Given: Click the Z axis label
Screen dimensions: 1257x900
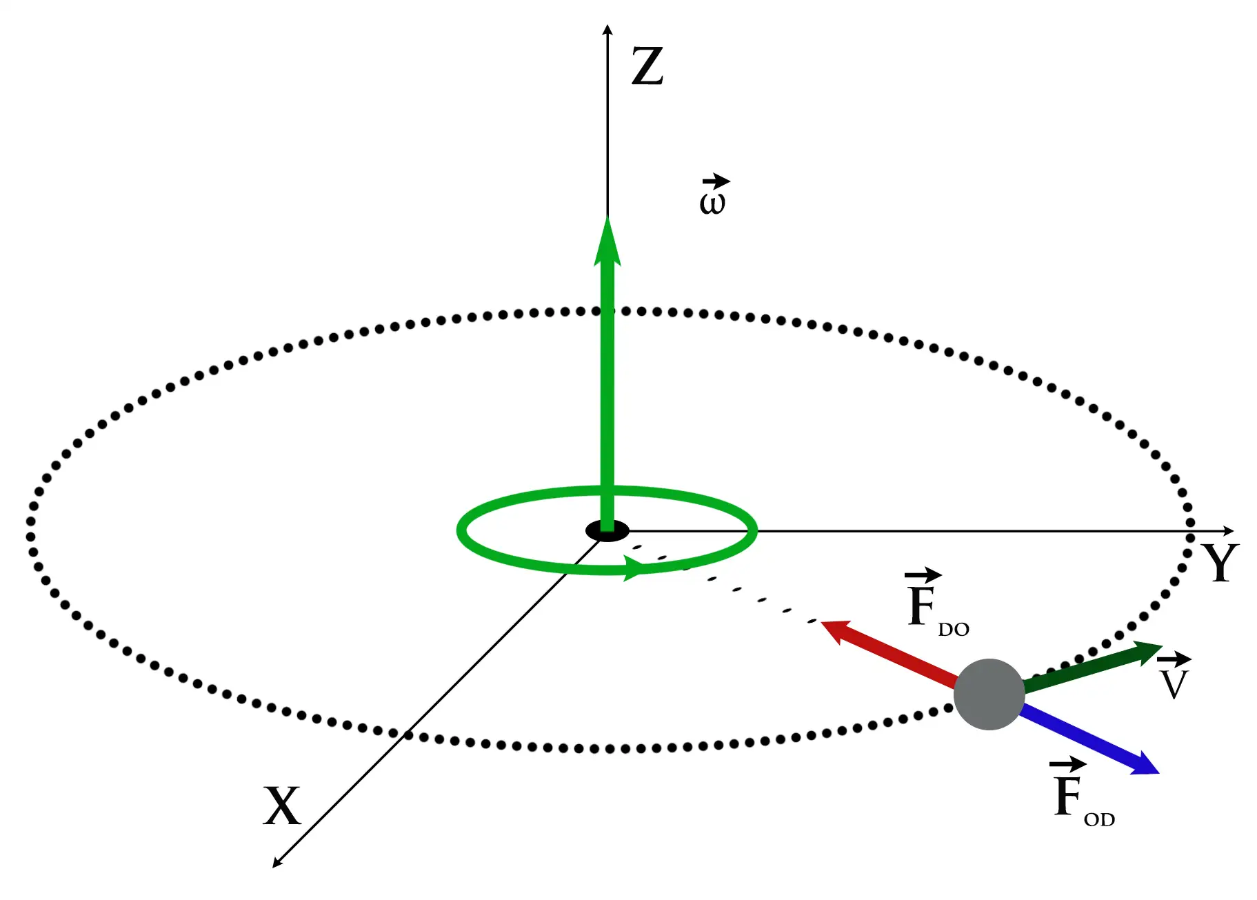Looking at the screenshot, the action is click(x=647, y=66).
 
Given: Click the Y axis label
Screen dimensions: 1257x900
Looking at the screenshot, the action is click(x=1220, y=562).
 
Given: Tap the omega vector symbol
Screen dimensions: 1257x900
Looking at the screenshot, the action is click(x=714, y=195).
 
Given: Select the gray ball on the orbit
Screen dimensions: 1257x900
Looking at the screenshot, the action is click(x=989, y=694).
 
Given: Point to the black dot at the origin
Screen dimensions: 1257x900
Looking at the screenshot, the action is click(x=607, y=530).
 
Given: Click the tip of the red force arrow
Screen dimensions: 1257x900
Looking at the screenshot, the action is click(x=821, y=623).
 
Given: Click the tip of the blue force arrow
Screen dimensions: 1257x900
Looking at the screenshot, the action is click(x=1160, y=773).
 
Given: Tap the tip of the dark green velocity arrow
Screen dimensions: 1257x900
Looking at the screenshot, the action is click(x=1163, y=646).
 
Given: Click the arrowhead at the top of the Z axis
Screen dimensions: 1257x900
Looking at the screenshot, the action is click(x=607, y=25).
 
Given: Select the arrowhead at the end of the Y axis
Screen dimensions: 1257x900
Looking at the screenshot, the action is click(x=1234, y=531).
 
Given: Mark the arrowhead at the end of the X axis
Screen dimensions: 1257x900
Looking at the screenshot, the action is click(x=273, y=867).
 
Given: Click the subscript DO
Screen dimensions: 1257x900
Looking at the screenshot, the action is click(x=954, y=629).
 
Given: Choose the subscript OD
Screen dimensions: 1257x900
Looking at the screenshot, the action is click(x=1099, y=819).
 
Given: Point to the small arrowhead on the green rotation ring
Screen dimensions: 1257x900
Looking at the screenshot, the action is click(x=636, y=568).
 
